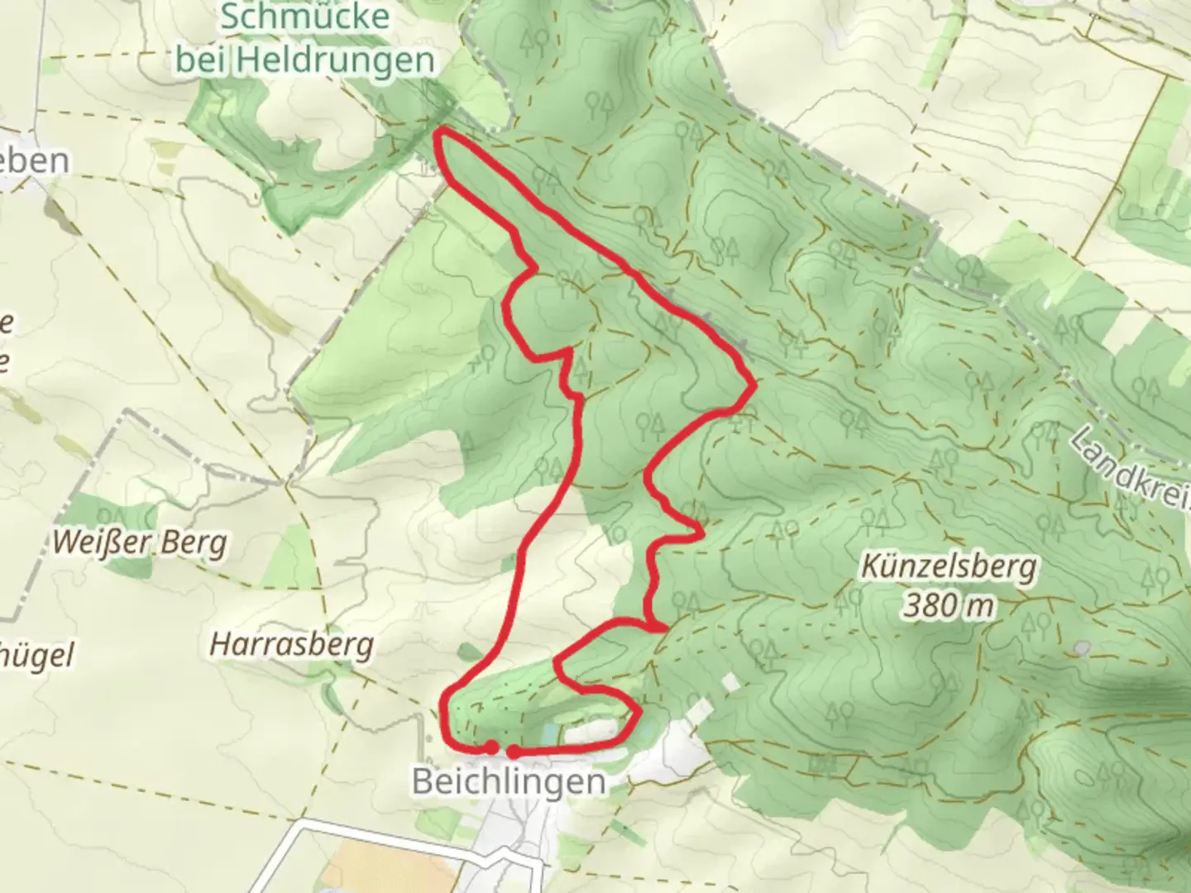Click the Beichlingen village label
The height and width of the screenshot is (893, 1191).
point(508,781)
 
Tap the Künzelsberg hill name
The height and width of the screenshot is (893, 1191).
point(948,567)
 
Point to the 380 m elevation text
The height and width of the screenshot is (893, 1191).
point(948,606)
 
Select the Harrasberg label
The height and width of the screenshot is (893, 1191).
point(291,644)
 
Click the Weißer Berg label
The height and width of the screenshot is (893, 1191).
point(140,543)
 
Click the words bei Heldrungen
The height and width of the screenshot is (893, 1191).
point(305,60)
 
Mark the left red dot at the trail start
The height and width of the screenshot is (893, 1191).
point(491,747)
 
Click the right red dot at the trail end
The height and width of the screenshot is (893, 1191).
point(514,752)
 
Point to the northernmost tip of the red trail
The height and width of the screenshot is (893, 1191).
point(441,131)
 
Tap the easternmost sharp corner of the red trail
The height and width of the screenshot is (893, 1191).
point(753,384)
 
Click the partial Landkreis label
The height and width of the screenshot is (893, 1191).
point(1133,467)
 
